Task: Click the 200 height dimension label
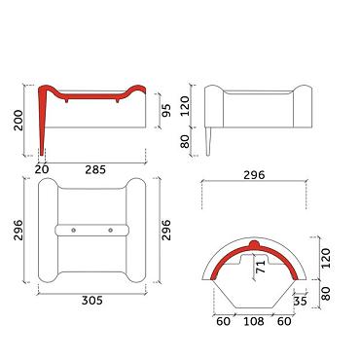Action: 18,121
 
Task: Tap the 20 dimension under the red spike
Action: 42,169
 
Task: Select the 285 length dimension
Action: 95,169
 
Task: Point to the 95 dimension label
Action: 165,111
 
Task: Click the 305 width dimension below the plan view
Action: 92,301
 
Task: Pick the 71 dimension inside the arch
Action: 261,266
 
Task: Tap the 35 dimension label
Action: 300,301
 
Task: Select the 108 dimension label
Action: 254,321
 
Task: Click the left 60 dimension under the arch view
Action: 223,321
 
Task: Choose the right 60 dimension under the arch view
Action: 284,321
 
